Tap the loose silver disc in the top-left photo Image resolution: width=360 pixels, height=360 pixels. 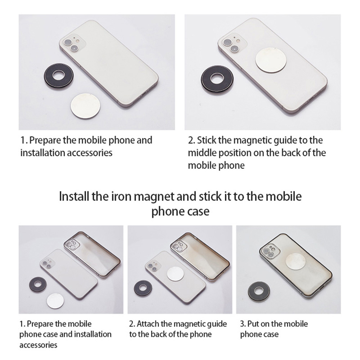(86, 105)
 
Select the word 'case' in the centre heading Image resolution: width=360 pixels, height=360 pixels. (198, 211)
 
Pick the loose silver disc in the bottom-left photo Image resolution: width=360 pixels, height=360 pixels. (55, 301)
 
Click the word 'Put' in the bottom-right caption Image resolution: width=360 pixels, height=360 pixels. (253, 324)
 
